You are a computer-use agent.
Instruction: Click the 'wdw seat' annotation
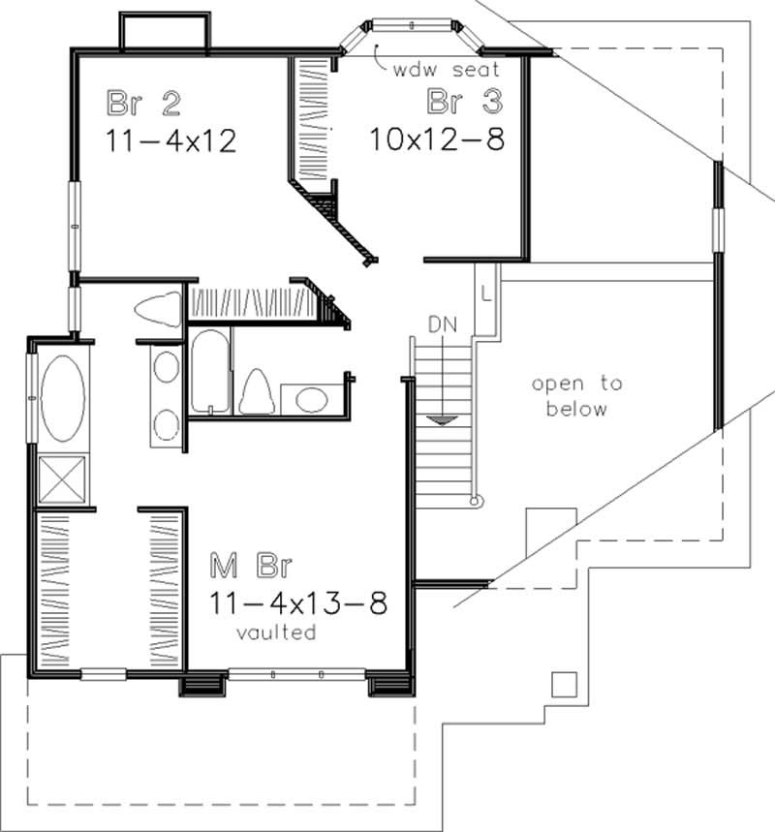coord(447,70)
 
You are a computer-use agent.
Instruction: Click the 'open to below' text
coord(576,396)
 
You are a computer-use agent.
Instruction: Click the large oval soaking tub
coord(61,398)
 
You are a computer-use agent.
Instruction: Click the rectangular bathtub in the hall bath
coord(210,372)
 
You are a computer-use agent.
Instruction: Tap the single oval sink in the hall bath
coord(311,398)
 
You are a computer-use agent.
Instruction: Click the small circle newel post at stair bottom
coord(475,501)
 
